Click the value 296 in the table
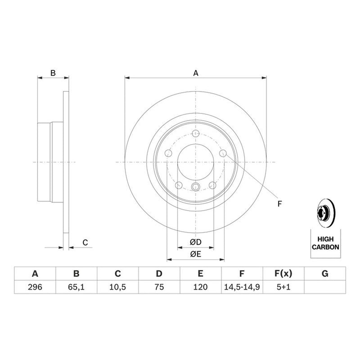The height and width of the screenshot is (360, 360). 35,287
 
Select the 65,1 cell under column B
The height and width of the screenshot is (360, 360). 76,287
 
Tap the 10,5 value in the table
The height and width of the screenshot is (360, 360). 117,287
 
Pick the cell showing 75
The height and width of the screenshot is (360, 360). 159,287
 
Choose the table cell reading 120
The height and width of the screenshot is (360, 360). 200,287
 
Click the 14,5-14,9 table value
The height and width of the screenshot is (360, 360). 242,287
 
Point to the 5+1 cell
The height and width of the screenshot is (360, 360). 283,287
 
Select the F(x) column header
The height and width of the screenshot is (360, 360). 283,274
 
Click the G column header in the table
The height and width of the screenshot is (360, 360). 325,274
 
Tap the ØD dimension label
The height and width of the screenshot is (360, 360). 196,242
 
